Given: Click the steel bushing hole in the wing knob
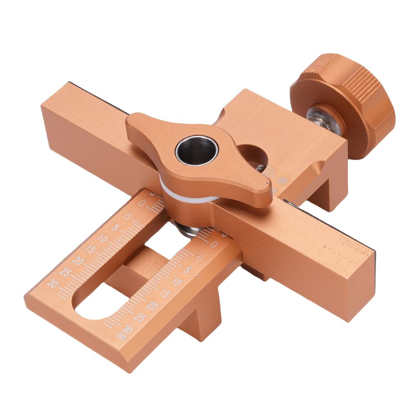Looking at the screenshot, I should [197, 150].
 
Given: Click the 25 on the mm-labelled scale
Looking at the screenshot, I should [140, 317].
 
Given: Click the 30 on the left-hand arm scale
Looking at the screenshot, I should [53, 283].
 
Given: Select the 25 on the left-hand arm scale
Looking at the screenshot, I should [65, 271].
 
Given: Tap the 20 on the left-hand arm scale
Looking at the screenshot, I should [78, 260].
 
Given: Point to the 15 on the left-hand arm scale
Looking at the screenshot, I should [90, 249].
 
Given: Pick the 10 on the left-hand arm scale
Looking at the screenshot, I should [102, 238].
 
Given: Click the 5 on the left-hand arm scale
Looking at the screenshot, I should [115, 227].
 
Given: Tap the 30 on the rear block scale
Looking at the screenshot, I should [282, 180].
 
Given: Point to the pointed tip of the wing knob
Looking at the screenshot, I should [267, 192].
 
